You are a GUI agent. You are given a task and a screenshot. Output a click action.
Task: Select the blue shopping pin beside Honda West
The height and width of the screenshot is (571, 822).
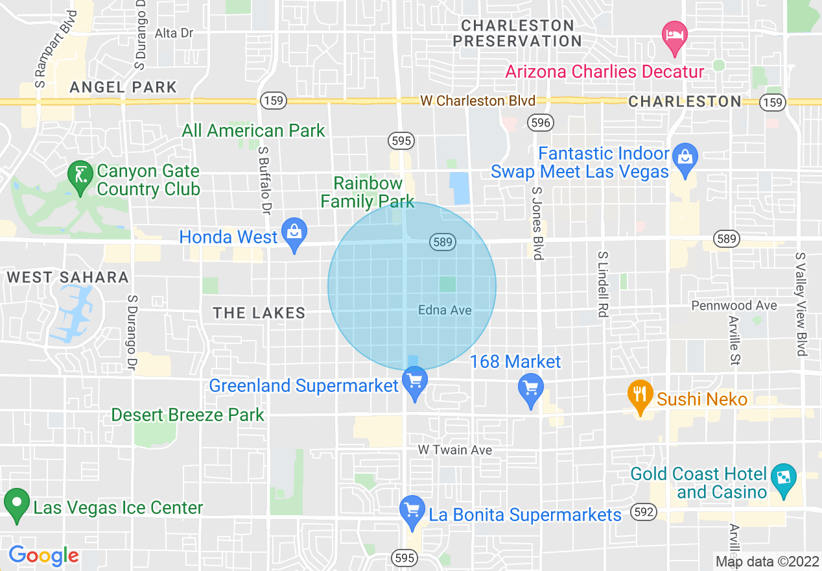point(295,234)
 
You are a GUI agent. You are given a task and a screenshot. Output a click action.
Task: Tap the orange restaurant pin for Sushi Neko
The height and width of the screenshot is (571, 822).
point(640,396)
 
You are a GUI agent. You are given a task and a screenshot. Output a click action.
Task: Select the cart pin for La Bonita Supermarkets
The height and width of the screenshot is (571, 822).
point(412,513)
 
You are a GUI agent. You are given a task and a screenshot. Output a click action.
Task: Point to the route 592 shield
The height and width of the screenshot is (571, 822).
point(645,512)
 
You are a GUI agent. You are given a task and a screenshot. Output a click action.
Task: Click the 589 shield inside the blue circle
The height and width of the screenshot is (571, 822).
point(442,242)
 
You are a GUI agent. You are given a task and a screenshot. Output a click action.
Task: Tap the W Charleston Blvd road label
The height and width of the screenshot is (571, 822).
point(478,101)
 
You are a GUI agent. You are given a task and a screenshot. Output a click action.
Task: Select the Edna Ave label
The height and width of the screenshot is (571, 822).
point(445,310)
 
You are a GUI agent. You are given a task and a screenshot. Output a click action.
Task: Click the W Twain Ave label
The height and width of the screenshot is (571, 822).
point(454,450)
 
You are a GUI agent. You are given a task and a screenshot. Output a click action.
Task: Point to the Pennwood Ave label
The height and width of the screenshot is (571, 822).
point(734,305)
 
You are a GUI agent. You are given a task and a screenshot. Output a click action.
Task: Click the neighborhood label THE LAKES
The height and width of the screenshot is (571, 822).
point(259,313)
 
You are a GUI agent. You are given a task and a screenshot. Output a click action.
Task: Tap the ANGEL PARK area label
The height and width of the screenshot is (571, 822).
point(123,87)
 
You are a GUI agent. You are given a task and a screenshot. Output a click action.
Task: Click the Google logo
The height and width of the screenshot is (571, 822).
point(43,555)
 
